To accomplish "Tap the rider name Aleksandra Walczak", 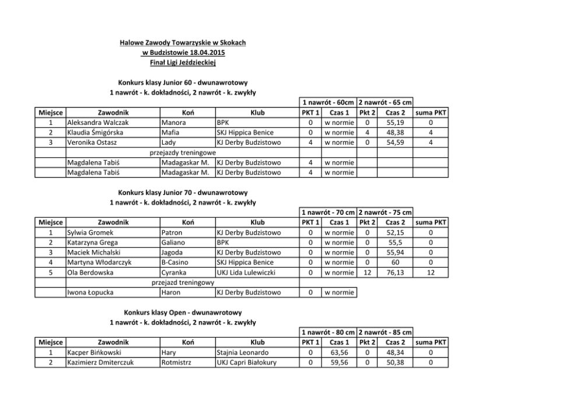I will coord(98,123).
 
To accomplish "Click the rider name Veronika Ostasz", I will coord(93,142).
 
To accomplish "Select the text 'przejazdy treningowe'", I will coord(183,152).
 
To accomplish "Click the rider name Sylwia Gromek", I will coord(90,232).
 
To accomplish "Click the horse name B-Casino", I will coord(176,262).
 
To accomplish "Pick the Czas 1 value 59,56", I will coord(339,363).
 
